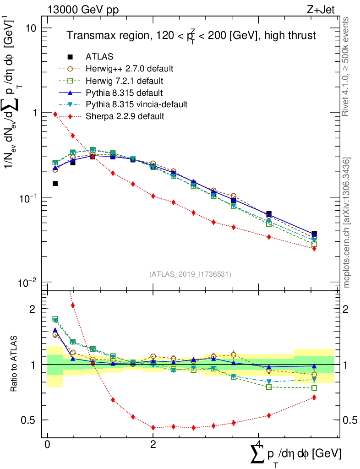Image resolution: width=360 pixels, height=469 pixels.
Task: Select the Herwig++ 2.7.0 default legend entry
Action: click(129, 69)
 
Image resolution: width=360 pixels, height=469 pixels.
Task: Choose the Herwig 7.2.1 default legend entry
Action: click(125, 81)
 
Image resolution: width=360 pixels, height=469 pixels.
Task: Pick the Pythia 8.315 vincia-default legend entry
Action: click(136, 104)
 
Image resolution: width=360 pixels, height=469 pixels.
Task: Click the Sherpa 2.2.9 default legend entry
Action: click(125, 116)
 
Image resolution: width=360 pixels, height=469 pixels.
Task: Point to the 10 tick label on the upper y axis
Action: click(31, 28)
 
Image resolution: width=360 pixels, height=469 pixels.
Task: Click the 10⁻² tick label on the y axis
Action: click(27, 282)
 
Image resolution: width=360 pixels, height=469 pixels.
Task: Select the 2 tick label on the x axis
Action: click(153, 445)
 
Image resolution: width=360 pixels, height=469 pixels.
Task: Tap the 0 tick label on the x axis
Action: click(48, 445)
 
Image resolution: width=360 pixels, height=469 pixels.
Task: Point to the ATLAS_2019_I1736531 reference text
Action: click(190, 274)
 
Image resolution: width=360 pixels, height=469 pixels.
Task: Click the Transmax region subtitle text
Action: click(191, 36)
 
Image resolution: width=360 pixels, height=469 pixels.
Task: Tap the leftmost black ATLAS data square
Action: click(55, 184)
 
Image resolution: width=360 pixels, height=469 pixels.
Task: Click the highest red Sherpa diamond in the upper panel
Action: click(55, 114)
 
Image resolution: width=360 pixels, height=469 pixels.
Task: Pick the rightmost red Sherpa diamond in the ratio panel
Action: click(314, 397)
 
